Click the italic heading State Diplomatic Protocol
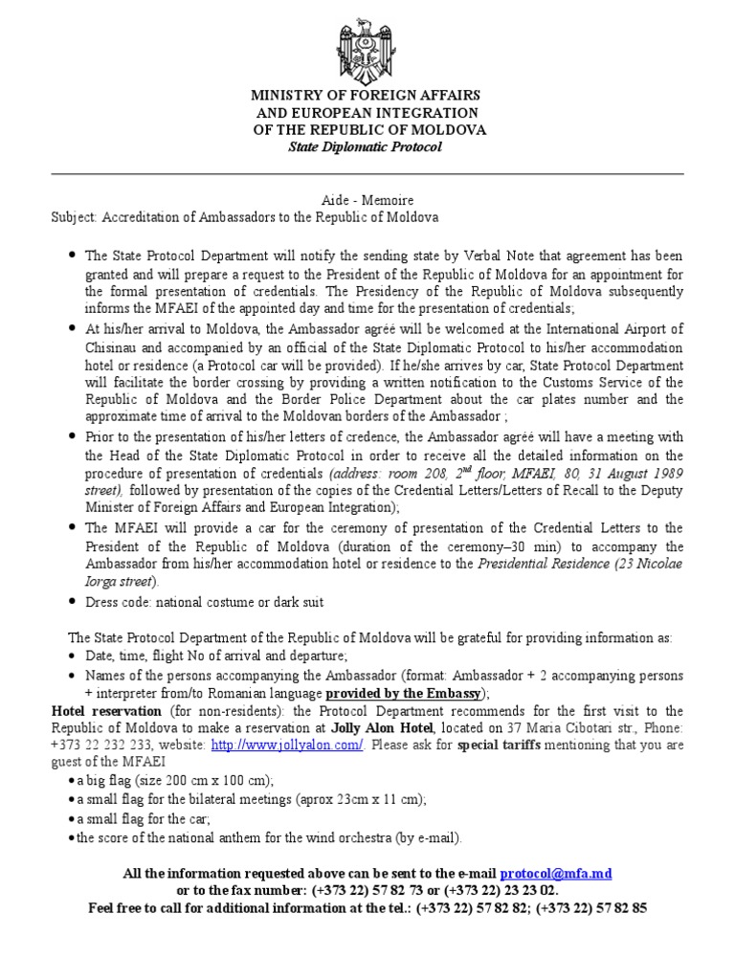pyautogui.click(x=367, y=146)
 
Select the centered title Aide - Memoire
pyautogui.click(x=367, y=200)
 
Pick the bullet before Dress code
pyautogui.click(x=73, y=603)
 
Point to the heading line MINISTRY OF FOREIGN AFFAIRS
pyautogui.click(x=367, y=97)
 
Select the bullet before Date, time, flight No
pyautogui.click(x=73, y=656)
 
